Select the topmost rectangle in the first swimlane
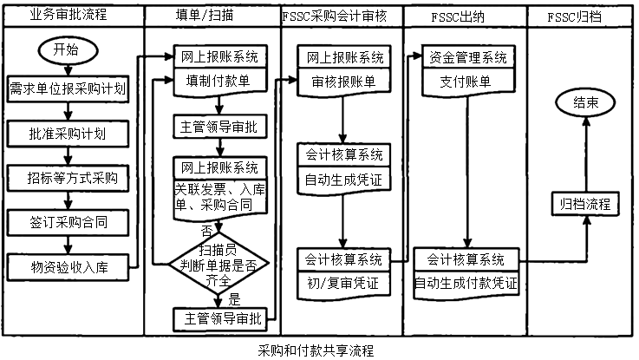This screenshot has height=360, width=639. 68,89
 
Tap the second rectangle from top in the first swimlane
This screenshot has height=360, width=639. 68,134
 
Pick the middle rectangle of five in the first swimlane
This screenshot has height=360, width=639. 68,178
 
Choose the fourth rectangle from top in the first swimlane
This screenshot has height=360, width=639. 68,222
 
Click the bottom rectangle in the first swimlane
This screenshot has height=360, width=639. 68,266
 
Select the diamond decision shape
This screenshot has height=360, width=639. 218,261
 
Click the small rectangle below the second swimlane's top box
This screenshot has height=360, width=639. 219,127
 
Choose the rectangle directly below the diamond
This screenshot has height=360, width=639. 219,319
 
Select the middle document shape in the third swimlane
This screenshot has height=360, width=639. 344,167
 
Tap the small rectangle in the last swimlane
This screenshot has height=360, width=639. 586,205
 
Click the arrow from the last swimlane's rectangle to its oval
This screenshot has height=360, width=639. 587,156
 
